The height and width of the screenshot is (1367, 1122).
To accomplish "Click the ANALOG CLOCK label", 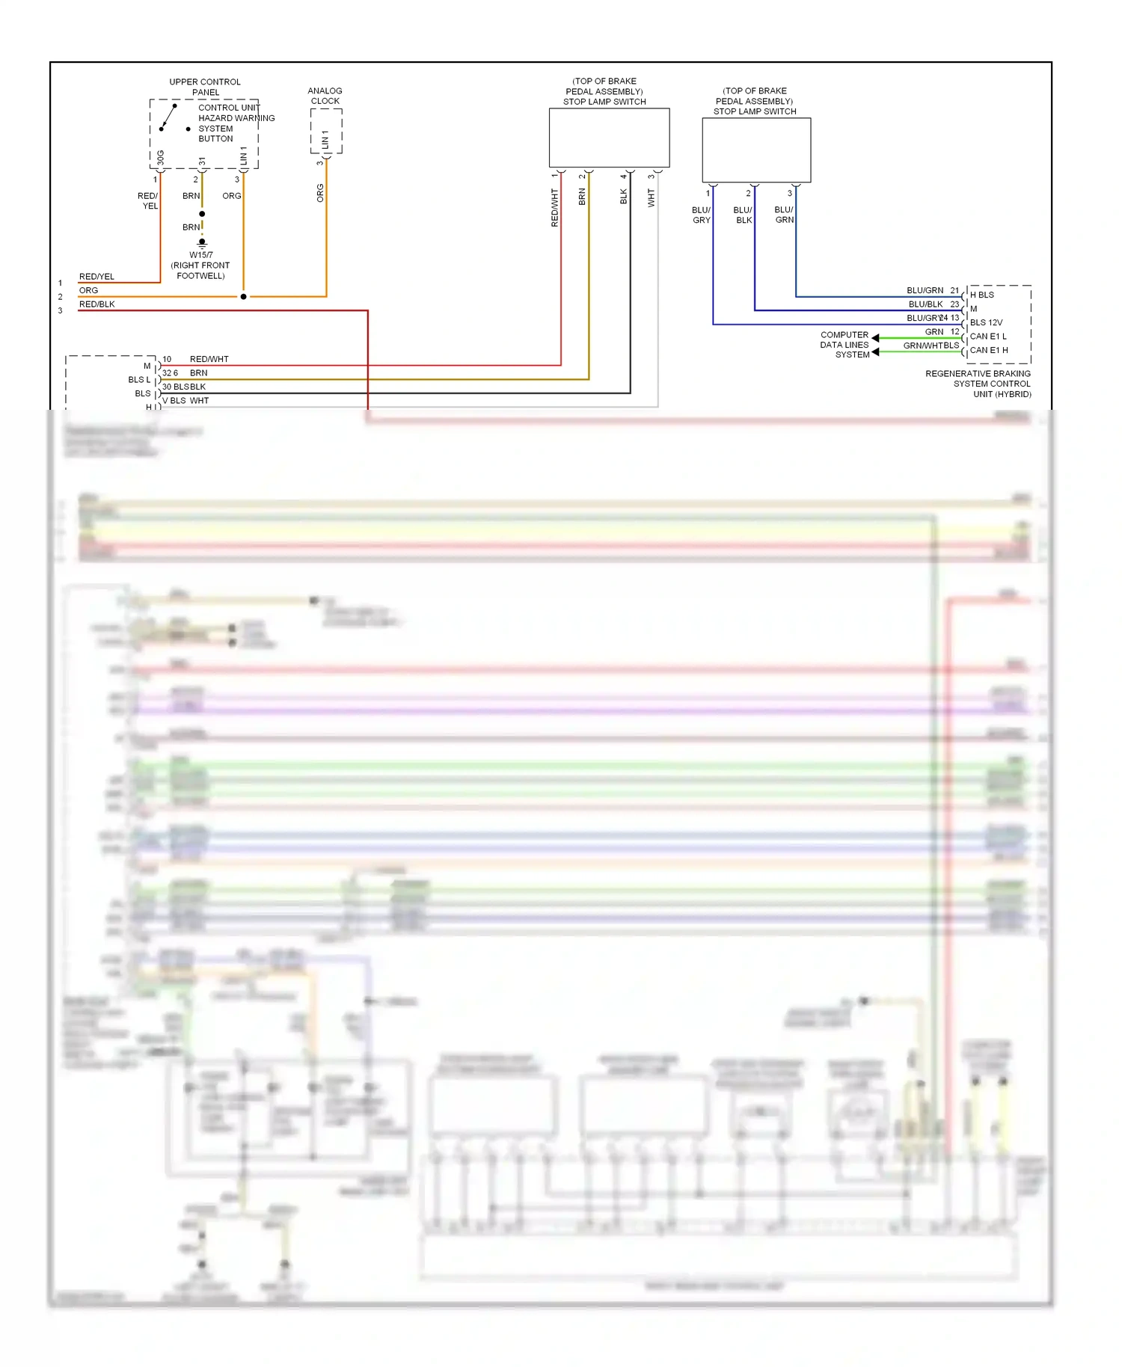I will coord(325,96).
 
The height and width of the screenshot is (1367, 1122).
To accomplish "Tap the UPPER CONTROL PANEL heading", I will coord(205,87).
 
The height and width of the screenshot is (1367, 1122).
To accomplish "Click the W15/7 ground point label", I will coord(200,255).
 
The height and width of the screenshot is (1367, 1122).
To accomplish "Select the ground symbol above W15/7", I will coord(202,243).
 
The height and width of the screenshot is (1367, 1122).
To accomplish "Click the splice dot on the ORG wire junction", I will coord(243,297).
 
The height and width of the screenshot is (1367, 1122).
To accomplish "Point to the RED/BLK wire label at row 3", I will coord(97,304).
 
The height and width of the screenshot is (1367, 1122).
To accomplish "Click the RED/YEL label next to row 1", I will coord(96,277).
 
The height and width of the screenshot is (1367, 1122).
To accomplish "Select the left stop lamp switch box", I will coord(609,138).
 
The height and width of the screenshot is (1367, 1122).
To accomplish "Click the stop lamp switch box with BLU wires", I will coord(756,150).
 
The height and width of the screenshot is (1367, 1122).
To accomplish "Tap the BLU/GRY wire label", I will coord(701,215).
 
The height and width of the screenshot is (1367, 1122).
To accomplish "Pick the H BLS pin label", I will coord(982,295).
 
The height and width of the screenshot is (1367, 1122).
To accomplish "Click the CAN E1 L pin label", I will coord(988,337).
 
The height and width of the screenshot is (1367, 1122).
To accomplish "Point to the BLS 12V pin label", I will coord(986,322).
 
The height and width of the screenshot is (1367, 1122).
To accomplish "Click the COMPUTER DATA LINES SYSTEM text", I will coord(845,345).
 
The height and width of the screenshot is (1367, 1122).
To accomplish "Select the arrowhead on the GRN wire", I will coord(875,338).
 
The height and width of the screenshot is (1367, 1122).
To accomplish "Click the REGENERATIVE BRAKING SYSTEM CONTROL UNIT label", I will coord(978,384).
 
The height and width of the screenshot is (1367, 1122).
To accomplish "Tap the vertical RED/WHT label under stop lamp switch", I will coord(554,208).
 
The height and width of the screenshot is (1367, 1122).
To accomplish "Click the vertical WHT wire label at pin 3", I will coord(651,198).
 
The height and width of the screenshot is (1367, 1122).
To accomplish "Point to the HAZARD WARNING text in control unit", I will coord(236,118).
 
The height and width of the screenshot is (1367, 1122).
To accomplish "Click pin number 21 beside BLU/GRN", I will coord(954,290).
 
